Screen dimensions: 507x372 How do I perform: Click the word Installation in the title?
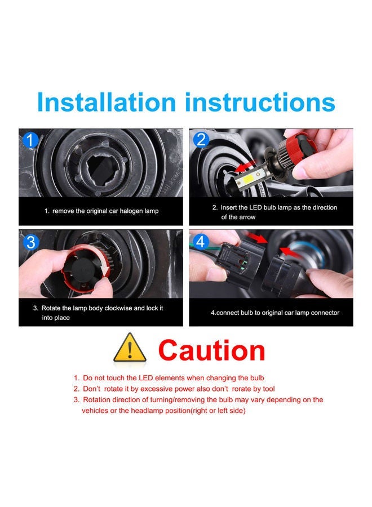[x=107, y=103]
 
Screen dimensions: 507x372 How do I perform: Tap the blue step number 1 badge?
[x=30, y=140]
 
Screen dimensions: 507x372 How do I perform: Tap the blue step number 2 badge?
[x=201, y=140]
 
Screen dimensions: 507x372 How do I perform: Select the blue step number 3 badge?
[x=30, y=242]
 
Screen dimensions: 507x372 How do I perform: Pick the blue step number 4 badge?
[x=201, y=242]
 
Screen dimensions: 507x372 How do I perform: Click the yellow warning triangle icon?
[x=130, y=349]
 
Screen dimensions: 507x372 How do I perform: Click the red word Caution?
[x=211, y=350]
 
